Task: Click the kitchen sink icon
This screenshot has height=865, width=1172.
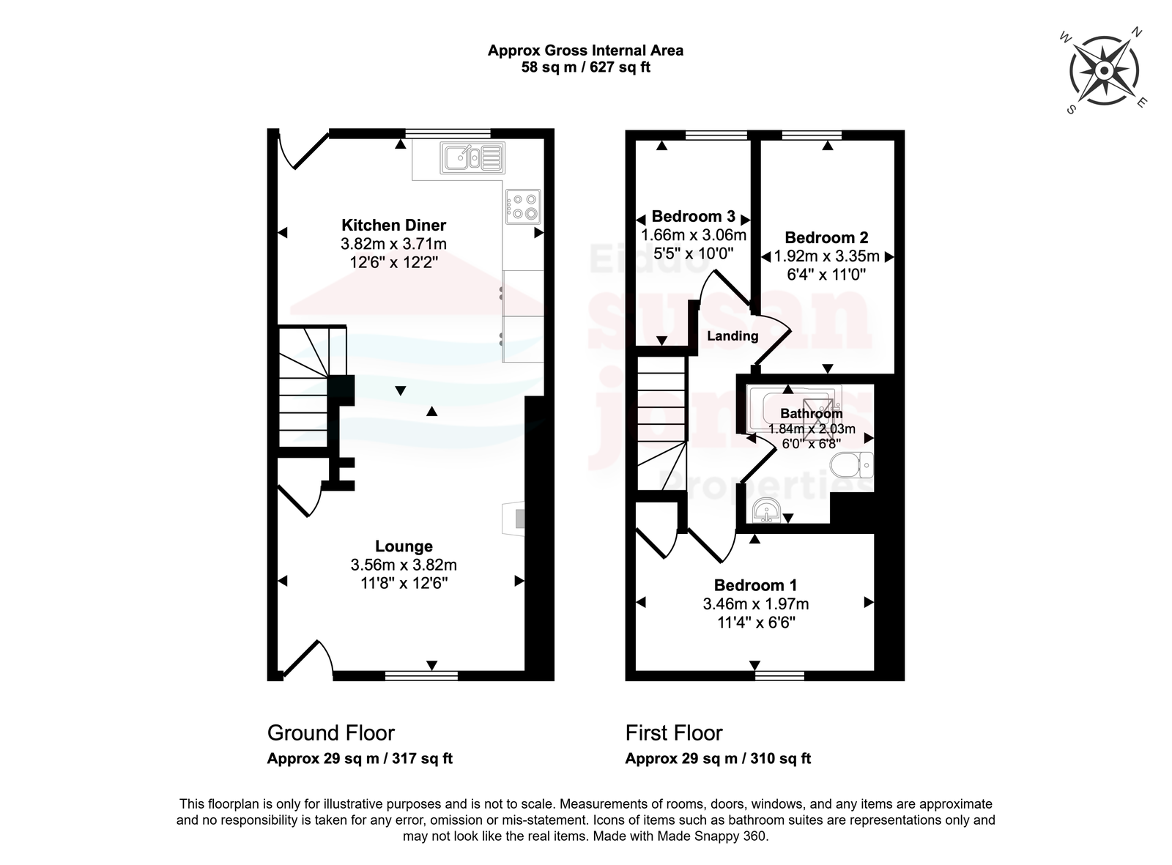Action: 472,158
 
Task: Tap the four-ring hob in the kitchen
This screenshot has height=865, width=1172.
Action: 523,207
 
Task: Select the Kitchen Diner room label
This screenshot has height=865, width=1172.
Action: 393,225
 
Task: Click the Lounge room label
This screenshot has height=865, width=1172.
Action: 404,546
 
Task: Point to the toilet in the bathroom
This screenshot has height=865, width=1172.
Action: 852,465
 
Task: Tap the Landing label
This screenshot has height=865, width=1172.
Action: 733,336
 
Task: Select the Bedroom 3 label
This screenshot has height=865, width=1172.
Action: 693,216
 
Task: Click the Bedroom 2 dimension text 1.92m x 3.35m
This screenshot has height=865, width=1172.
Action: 826,256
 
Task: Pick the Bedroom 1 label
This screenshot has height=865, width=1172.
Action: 756,585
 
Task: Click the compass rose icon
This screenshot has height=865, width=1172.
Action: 1104,71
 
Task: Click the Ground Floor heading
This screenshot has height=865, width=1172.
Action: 331,733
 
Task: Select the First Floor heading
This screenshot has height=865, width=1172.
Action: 674,733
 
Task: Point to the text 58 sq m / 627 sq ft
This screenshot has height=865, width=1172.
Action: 585,67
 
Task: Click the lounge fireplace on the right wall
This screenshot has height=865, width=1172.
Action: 513,519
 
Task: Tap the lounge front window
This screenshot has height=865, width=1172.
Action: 422,675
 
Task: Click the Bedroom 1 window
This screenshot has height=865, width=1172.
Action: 779,675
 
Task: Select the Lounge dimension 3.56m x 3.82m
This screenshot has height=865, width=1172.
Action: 404,565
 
